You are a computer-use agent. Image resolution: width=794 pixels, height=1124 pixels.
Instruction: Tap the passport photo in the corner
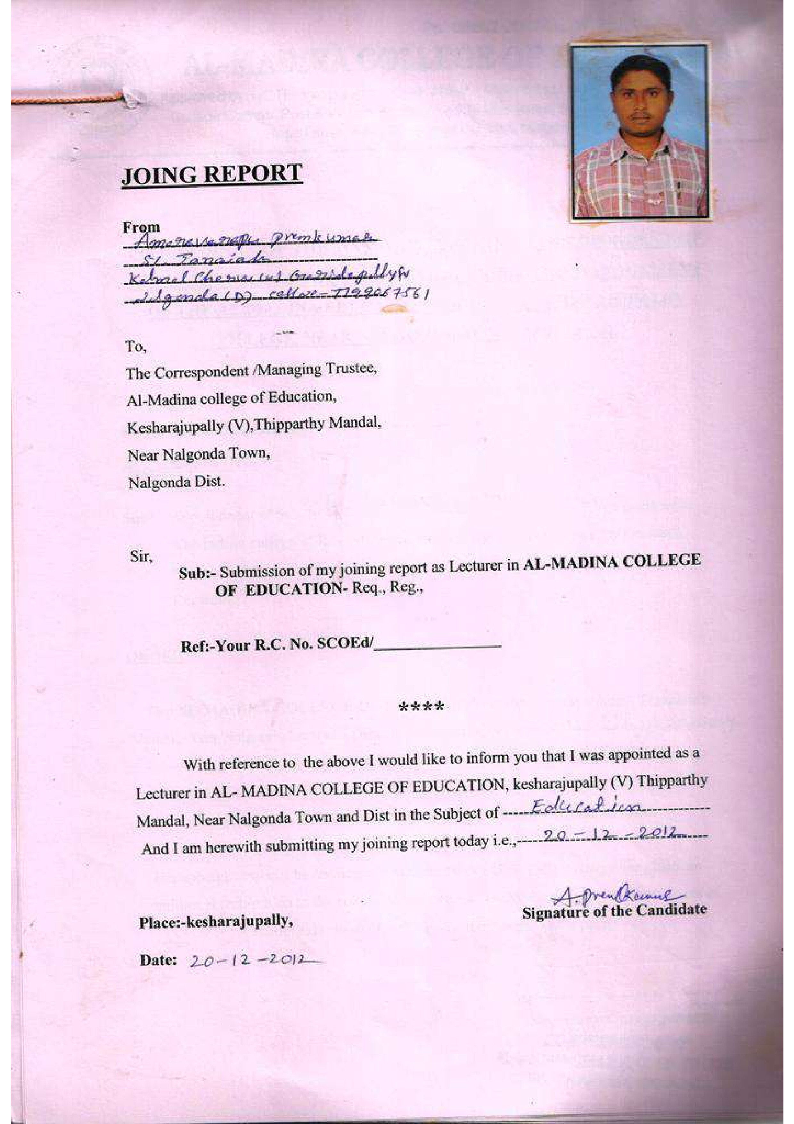pyautogui.click(x=638, y=131)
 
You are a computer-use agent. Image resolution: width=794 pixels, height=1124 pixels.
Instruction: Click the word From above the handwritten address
pyautogui.click(x=141, y=227)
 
